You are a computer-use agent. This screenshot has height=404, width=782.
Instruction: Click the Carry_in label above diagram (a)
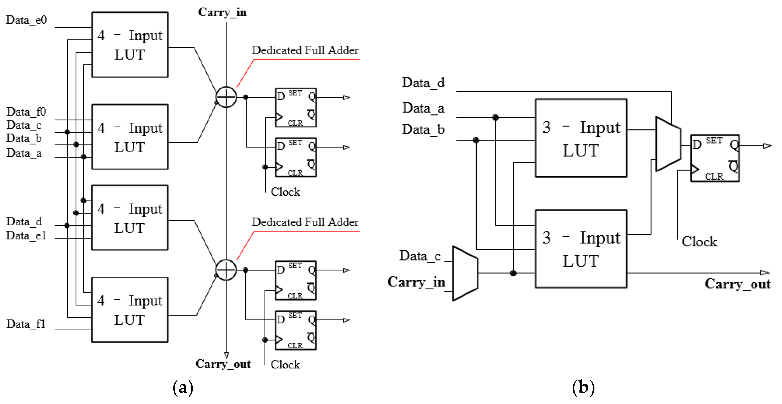coord(222,13)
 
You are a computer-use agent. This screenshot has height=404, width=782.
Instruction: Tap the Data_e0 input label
coord(26,20)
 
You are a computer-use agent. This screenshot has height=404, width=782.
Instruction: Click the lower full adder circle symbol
coord(226,270)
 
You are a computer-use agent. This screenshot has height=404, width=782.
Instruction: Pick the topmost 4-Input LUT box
coord(130,45)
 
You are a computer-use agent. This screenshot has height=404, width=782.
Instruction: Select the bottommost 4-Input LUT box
coord(130,310)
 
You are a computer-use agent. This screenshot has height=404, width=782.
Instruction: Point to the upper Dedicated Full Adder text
coord(305,50)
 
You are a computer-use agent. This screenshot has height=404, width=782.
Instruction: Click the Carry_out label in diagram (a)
coord(223,364)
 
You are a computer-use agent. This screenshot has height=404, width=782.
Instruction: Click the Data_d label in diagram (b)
coord(423,83)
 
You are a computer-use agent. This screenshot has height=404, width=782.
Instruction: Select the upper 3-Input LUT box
coord(581,138)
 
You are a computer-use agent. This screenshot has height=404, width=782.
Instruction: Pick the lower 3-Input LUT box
coord(581,249)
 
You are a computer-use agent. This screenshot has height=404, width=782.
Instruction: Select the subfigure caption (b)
coord(583,388)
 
